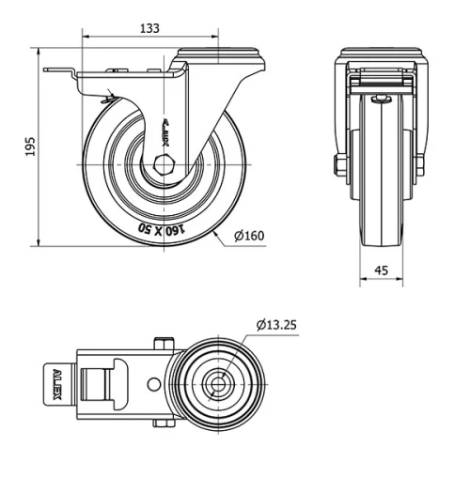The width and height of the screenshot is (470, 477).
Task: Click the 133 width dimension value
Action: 149,29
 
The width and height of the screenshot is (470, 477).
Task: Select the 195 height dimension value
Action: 30,146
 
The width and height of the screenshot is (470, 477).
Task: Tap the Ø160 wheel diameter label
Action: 248,235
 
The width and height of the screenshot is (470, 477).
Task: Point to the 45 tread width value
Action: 382,269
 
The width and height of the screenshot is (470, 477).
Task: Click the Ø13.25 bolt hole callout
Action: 276,325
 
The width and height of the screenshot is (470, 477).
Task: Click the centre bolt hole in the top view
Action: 218,385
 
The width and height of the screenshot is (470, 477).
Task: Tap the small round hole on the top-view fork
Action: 154,385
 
